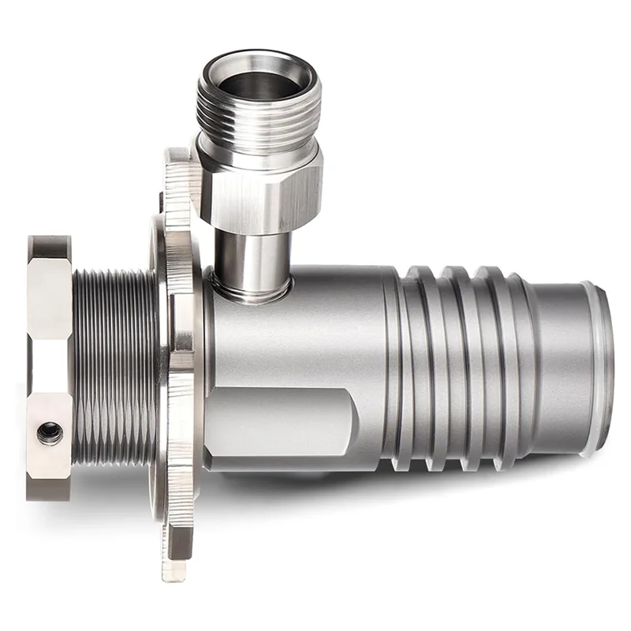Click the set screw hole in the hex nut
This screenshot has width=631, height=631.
pyautogui.click(x=50, y=431)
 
